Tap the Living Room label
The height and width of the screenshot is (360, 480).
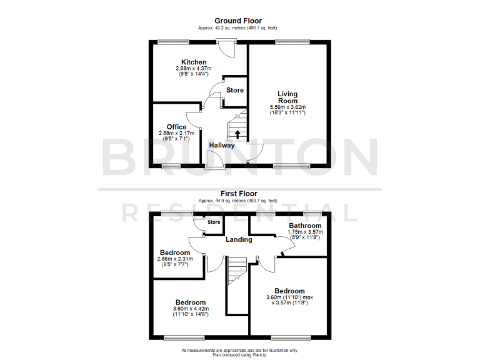[287, 97]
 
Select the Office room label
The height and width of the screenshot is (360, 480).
[176, 127]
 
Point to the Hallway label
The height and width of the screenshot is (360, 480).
[222, 146]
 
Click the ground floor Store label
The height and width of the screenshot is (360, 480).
[235, 91]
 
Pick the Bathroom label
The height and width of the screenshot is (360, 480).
[305, 226]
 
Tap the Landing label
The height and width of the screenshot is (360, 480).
[239, 239]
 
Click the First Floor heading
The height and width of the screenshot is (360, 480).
[239, 194]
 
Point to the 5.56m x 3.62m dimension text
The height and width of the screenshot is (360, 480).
[287, 107]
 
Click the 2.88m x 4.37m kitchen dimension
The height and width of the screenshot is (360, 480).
[192, 69]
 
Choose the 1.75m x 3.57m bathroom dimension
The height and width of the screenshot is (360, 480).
[305, 232]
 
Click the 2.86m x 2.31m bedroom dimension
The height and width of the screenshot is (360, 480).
[175, 259]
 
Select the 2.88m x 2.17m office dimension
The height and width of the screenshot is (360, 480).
[176, 133]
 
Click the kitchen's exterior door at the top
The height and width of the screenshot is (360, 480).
[224, 49]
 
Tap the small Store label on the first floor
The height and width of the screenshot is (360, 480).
[214, 222]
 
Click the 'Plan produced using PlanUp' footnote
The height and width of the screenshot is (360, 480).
[239, 354]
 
